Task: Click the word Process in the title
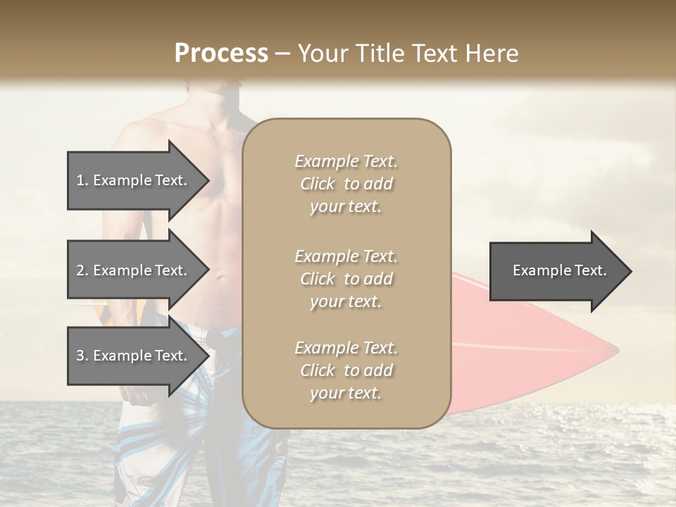(x=221, y=54)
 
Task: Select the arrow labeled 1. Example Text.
(x=134, y=180)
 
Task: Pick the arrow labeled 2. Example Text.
(x=134, y=270)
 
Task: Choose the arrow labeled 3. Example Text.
(x=134, y=356)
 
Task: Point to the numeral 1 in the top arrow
(x=80, y=180)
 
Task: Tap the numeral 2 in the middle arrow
(x=80, y=270)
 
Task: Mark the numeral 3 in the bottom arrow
(x=80, y=356)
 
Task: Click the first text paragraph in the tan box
(x=346, y=184)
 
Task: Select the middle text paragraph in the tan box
(x=346, y=279)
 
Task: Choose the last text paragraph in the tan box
(x=346, y=370)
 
